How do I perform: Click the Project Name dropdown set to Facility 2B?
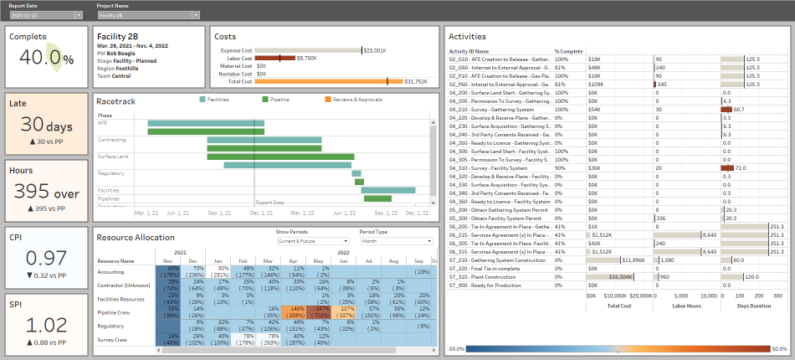pos(147,15)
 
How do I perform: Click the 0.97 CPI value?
pos(45,258)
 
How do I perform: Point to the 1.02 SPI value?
pos(45,324)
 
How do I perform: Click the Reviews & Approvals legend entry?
pos(357,100)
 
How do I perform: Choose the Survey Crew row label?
pos(112,340)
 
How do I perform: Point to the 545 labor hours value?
pos(662,85)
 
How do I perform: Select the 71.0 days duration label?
pos(741,168)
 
